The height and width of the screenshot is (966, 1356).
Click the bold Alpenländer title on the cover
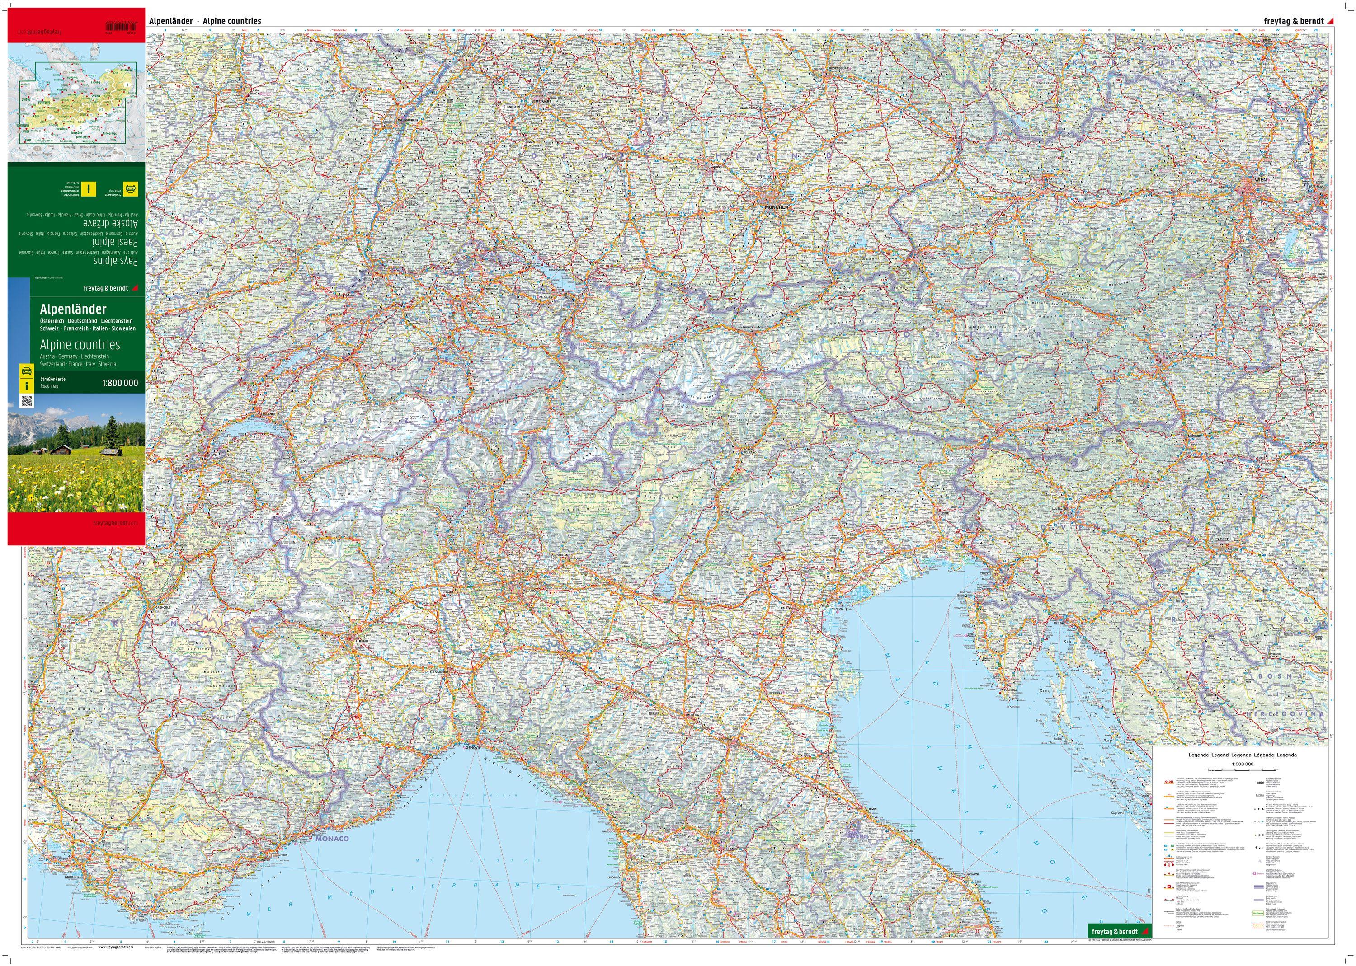coord(73,309)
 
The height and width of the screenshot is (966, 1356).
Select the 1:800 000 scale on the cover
coord(120,383)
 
